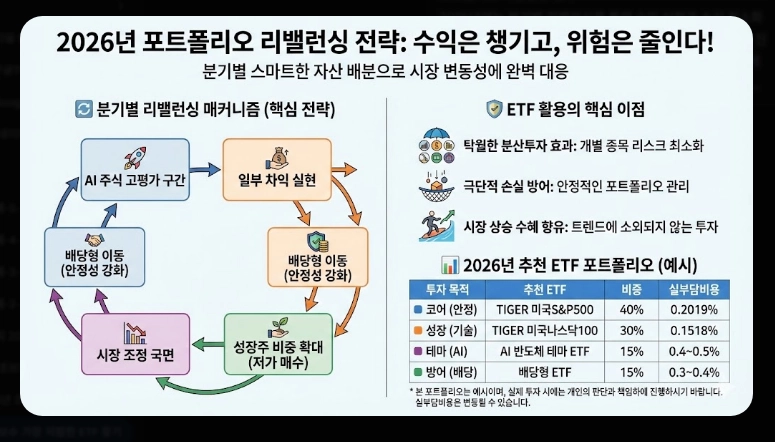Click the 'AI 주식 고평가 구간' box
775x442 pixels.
133,171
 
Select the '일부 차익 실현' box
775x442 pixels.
271,171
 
